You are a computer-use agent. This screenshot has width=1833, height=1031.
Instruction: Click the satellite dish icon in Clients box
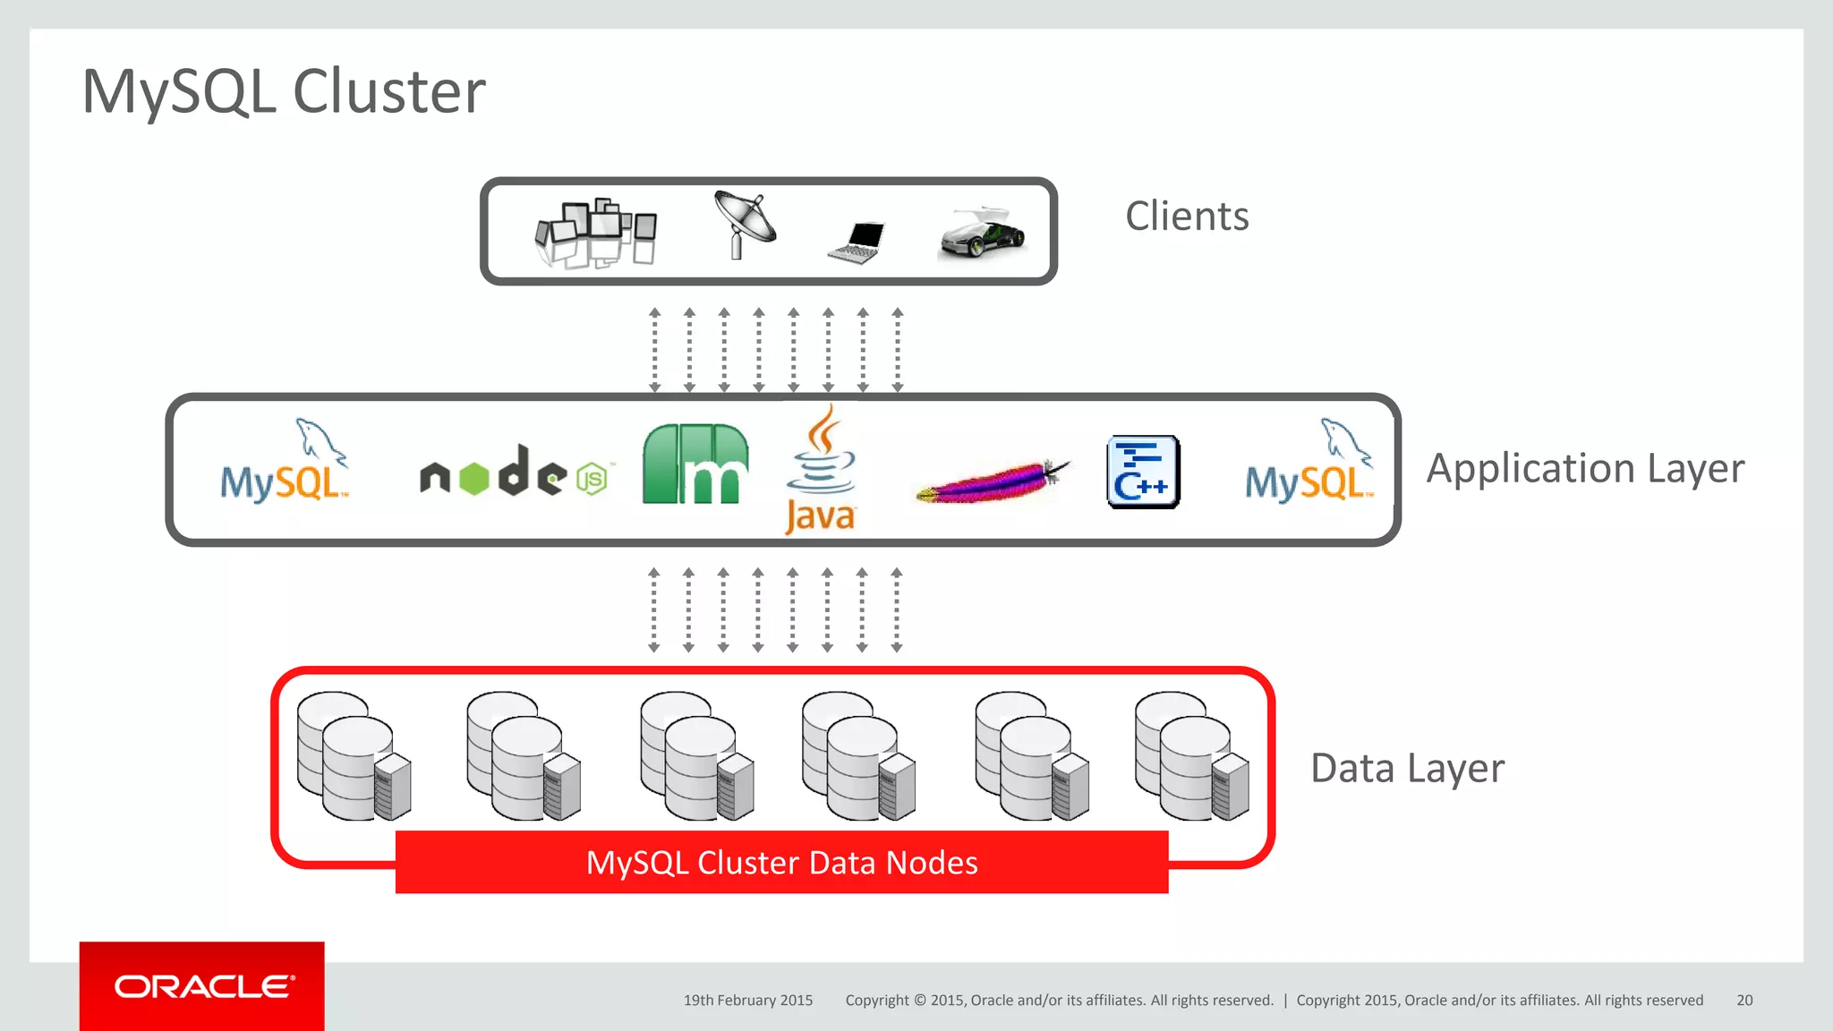pyautogui.click(x=745, y=226)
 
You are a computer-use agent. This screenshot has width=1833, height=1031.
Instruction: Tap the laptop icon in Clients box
pyautogui.click(x=857, y=243)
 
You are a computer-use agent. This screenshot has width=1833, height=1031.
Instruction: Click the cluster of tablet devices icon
pyautogui.click(x=596, y=233)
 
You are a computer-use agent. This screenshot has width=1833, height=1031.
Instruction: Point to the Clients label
pyautogui.click(x=1186, y=217)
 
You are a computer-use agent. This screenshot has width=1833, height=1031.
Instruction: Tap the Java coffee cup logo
pyautogui.click(x=821, y=469)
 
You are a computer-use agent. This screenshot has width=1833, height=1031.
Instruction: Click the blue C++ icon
pyautogui.click(x=1143, y=472)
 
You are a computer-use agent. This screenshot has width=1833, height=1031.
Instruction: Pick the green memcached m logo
pyautogui.click(x=695, y=464)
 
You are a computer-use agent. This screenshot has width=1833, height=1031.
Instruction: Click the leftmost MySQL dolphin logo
pyautogui.click(x=285, y=464)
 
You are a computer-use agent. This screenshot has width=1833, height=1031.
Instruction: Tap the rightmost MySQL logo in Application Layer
pyautogui.click(x=1309, y=464)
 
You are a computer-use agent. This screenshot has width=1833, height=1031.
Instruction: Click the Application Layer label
pyautogui.click(x=1585, y=469)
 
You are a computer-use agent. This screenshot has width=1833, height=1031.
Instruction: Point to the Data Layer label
pyautogui.click(x=1407, y=768)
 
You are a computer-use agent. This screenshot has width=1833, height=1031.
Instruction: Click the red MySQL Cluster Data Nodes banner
pyautogui.click(x=781, y=862)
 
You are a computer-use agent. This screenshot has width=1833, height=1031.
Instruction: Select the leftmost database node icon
pyautogui.click(x=354, y=756)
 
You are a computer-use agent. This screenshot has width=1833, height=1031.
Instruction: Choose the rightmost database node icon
pyautogui.click(x=1191, y=756)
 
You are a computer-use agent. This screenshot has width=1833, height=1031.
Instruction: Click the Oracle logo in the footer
pyautogui.click(x=202, y=986)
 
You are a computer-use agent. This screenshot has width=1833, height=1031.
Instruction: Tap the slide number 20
pyautogui.click(x=1743, y=1001)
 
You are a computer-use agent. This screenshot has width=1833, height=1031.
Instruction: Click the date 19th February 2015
pyautogui.click(x=748, y=1001)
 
